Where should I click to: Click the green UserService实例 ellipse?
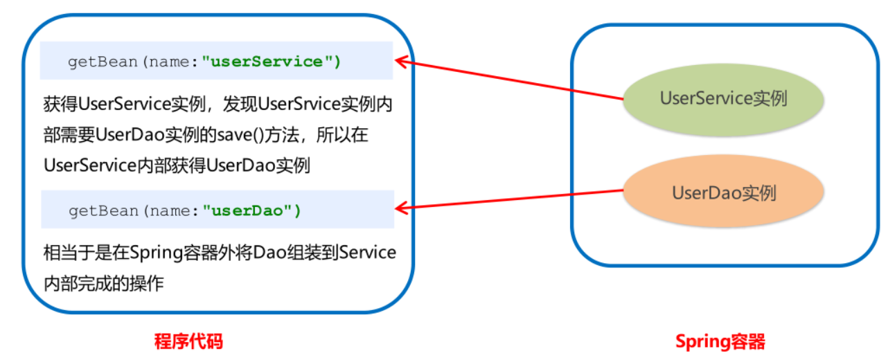pyautogui.click(x=723, y=98)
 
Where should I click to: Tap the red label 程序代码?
pyautogui.click(x=188, y=341)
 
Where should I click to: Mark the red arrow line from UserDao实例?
pyautogui.click(x=513, y=199)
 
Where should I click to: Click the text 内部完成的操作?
pyautogui.click(x=103, y=283)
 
